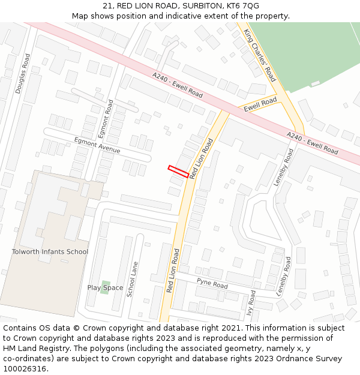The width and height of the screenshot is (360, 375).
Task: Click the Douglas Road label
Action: pos(23,73)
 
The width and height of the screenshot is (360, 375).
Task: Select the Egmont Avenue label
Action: pos(97,145)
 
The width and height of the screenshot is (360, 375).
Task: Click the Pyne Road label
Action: pos(212,282)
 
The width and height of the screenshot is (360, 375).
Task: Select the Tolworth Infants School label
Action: pos(50,252)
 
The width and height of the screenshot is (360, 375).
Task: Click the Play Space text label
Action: pos(105,288)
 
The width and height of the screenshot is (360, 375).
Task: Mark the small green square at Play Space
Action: pos(106,283)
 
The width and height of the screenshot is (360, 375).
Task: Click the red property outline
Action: pos(178,171)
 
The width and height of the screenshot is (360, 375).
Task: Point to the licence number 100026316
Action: pos(25,369)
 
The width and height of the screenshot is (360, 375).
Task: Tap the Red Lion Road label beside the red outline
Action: pos(201,158)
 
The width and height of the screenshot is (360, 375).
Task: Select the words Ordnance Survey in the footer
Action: pos(311,359)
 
